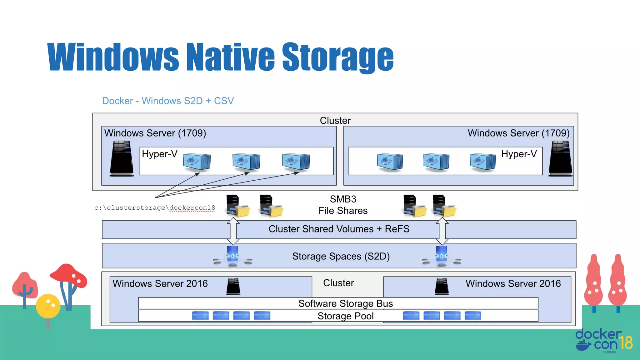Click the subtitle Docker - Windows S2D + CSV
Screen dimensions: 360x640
tap(168, 101)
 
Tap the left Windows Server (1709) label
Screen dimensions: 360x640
tap(155, 133)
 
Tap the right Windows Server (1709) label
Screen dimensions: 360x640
tap(518, 133)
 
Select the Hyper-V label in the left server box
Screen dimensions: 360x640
tap(159, 154)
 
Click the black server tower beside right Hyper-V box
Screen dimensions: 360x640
tap(560, 158)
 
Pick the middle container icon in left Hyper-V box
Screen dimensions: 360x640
tap(246, 162)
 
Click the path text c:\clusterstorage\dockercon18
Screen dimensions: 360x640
tap(155, 208)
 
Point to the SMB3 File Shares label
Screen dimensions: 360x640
tap(343, 205)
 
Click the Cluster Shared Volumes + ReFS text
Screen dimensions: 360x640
tap(339, 229)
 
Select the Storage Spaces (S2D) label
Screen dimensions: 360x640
tap(341, 256)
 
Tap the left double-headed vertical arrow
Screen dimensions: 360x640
tap(233, 231)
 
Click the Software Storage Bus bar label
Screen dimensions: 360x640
tap(345, 303)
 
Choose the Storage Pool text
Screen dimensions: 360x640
tap(345, 316)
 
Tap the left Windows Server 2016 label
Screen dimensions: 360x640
tap(160, 283)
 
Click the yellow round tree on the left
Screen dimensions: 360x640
tap(48, 306)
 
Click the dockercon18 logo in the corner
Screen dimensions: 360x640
tap(603, 341)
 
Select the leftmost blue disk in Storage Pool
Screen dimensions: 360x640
tap(200, 316)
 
